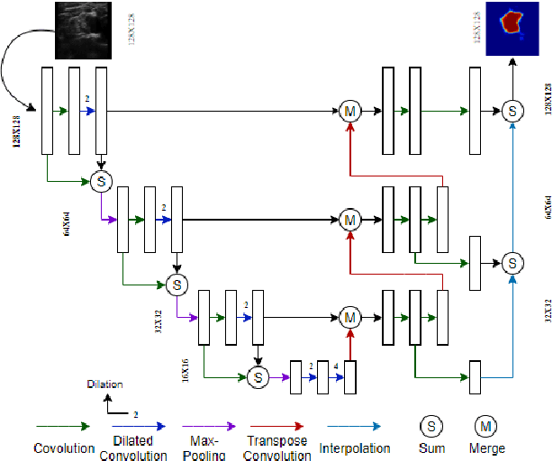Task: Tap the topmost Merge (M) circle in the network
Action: [x=349, y=111]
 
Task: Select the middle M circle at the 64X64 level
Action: [x=349, y=218]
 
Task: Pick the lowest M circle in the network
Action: [x=349, y=316]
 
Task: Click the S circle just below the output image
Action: [x=512, y=111]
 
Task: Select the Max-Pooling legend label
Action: [x=206, y=447]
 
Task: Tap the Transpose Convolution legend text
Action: [x=276, y=447]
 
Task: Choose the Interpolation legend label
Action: [x=356, y=448]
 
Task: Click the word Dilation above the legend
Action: [x=104, y=384]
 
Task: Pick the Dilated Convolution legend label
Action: [x=134, y=447]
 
